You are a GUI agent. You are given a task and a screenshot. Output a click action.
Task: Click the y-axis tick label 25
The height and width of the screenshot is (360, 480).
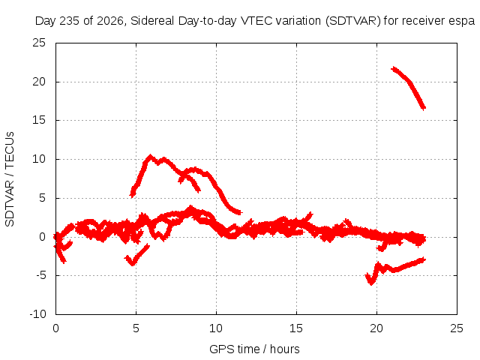(39, 43)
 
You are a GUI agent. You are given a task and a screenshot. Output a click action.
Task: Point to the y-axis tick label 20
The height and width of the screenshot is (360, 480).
(39, 82)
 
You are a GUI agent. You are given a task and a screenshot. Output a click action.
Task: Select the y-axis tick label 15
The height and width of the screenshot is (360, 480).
(39, 120)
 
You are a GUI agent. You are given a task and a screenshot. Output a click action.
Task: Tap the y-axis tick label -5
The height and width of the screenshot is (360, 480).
(40, 275)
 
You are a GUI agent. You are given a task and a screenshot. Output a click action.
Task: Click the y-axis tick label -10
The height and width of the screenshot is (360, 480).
(37, 313)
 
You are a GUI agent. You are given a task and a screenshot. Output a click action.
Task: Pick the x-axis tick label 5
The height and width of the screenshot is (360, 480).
(136, 328)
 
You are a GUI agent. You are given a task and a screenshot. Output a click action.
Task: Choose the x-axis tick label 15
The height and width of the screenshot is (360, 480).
(296, 328)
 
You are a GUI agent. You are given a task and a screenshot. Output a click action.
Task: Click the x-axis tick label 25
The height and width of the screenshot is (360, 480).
(457, 328)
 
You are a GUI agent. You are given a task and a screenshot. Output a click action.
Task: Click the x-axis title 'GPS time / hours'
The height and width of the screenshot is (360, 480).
(254, 349)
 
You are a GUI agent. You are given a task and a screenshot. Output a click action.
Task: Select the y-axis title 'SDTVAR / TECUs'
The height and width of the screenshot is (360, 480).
(10, 179)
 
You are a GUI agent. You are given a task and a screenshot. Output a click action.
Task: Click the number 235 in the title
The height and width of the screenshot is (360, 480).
(70, 21)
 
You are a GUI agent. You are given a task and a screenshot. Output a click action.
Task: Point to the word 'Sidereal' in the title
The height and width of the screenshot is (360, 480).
(152, 21)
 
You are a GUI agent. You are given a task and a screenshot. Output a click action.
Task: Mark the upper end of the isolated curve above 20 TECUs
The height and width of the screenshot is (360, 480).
(393, 68)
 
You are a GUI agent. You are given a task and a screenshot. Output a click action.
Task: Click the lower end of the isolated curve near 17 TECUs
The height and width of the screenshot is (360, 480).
(424, 108)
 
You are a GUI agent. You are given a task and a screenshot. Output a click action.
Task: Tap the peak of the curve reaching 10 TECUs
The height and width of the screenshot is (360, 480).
(150, 157)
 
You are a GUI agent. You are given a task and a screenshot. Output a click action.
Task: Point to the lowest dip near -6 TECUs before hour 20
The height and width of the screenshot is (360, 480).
(371, 283)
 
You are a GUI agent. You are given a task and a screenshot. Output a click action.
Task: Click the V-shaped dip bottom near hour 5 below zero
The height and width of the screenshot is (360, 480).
(133, 263)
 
